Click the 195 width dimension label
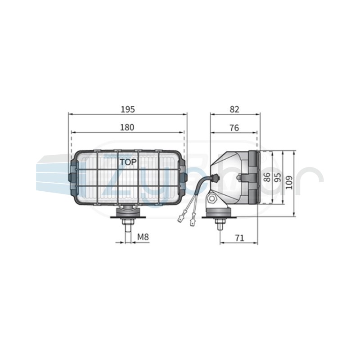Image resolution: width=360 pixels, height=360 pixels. point(128,109)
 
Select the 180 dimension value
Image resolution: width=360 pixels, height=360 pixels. point(127,127)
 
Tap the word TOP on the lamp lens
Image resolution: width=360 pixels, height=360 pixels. point(128,162)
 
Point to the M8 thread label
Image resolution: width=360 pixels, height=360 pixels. point(143,237)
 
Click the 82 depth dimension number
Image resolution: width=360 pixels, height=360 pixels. point(234,109)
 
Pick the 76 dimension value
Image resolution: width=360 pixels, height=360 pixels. point(234,128)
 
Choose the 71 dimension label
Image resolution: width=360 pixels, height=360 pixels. point(239,238)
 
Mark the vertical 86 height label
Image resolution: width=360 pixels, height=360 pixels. point(267,177)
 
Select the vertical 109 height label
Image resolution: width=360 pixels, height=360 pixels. point(289,183)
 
